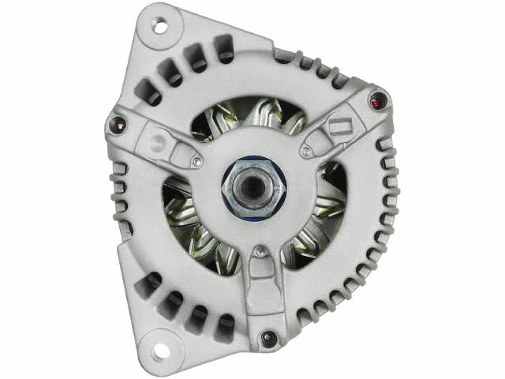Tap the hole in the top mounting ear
[160, 26]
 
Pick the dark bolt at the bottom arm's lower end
[267, 337]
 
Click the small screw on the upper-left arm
[196, 163]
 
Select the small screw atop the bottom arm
[258, 253]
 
